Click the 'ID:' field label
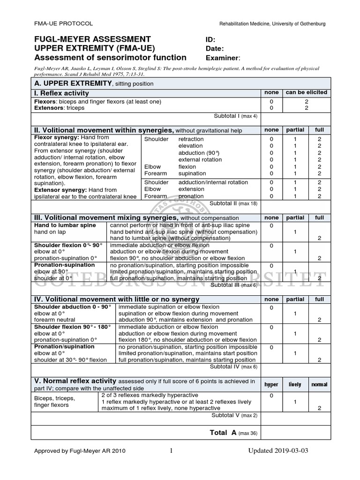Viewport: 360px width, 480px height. pos(210,40)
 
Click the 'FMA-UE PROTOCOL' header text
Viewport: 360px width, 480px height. pos(64,23)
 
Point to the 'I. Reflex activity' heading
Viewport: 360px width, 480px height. pos(61,93)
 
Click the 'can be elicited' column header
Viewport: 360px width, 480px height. pos(307,93)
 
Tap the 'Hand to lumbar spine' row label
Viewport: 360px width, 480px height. pos(65,225)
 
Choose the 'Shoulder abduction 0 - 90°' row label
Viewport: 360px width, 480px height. pos(73,307)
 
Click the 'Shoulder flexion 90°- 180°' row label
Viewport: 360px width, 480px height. pos(72,327)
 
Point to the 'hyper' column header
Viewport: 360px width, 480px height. pos(271,384)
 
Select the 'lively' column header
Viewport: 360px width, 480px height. pos(295,384)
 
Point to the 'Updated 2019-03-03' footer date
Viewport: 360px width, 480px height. pos(278,451)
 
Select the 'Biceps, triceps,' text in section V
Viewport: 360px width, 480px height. pos(54,398)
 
